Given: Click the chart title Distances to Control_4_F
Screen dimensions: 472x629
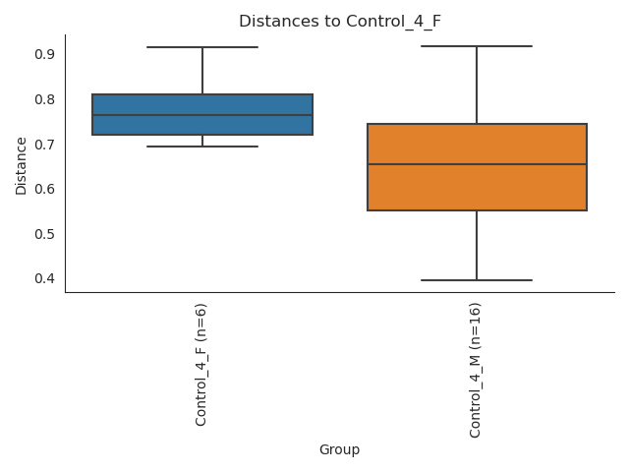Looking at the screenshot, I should pos(340,21).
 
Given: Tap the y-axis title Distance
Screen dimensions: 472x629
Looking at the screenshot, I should pos(22,164).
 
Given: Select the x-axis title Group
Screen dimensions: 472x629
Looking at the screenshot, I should pos(339,449).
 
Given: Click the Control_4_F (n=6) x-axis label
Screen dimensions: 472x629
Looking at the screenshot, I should pos(201,365).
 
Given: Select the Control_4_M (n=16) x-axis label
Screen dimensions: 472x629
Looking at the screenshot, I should pos(477,371).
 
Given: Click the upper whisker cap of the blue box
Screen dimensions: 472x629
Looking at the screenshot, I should pos(202,47).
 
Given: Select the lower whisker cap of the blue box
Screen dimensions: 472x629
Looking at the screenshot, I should pos(202,147).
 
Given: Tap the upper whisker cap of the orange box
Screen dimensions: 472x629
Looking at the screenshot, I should pos(477,46).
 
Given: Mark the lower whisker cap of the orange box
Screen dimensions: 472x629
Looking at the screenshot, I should pos(477,280).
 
